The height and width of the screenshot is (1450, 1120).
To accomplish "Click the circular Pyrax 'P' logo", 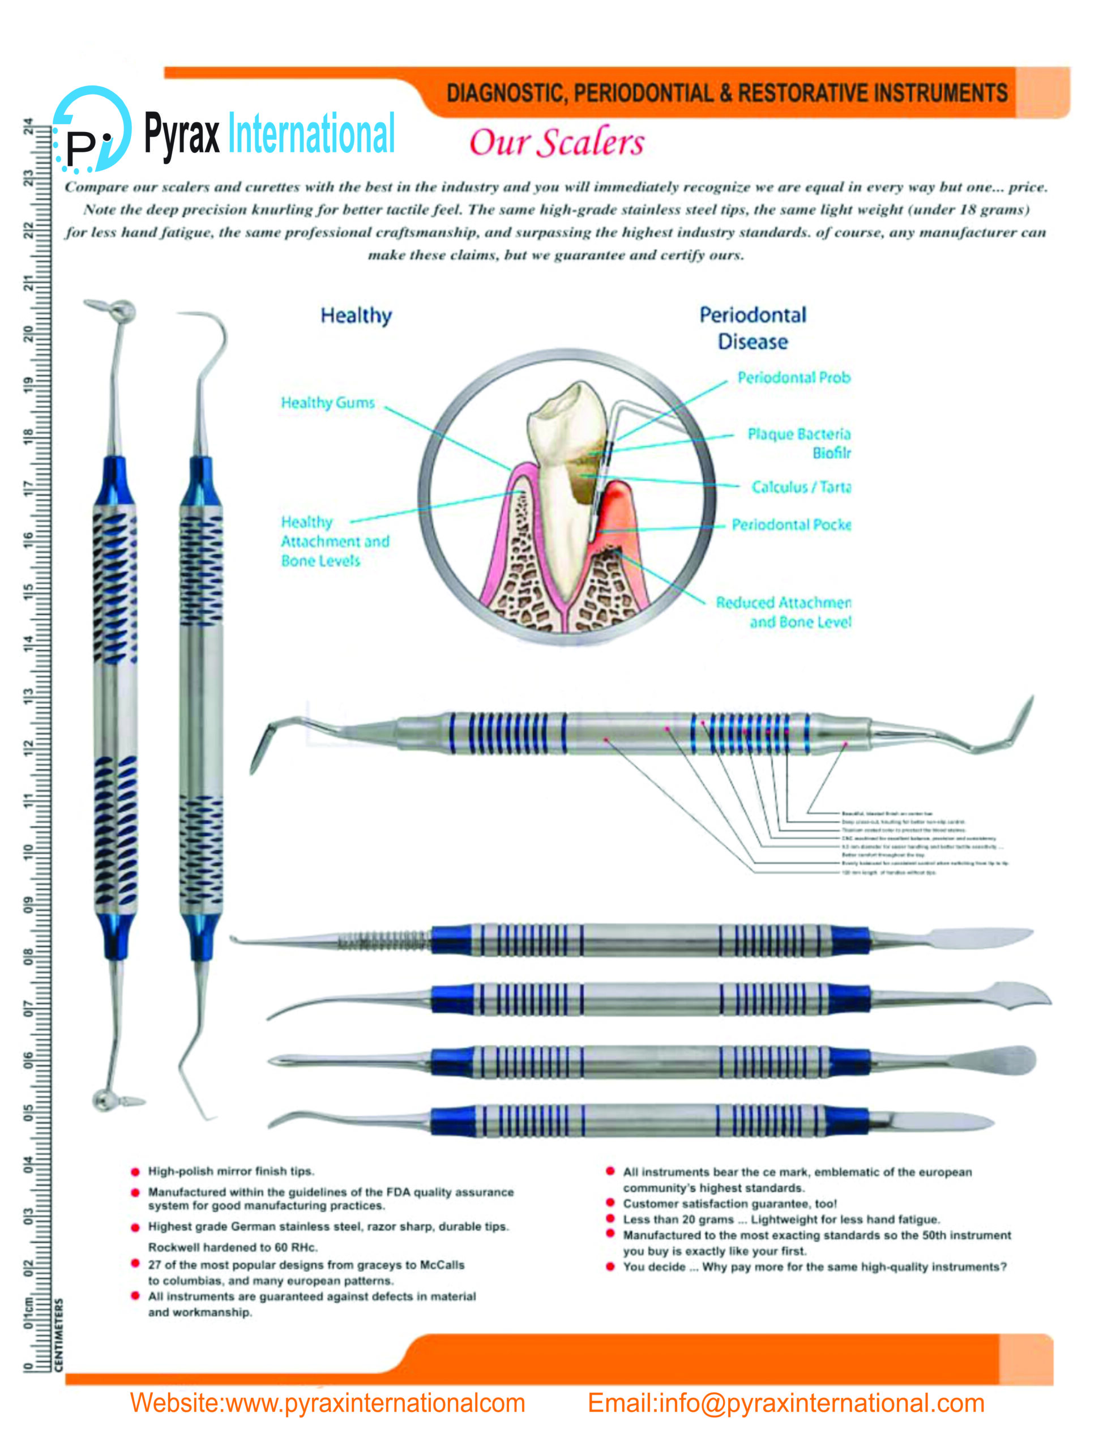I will (x=92, y=130).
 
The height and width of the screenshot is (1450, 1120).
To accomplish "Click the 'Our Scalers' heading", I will (x=557, y=143).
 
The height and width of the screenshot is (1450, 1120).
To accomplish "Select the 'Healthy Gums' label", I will (x=327, y=403).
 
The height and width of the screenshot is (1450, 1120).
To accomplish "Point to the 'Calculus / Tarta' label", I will (x=800, y=487).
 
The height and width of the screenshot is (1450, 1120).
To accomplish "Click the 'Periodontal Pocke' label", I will (x=790, y=524).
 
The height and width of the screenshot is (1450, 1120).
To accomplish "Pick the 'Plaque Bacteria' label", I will (x=799, y=434).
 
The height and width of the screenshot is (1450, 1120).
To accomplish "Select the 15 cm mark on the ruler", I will (x=28, y=590).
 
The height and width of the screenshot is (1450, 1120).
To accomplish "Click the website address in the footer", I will (x=327, y=1402).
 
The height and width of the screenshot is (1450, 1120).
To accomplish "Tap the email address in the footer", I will (x=785, y=1402).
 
